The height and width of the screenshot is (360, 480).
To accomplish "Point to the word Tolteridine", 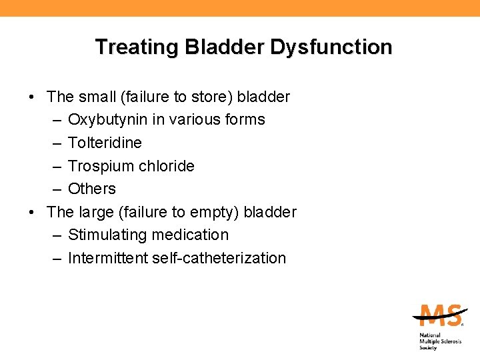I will coord(105,143).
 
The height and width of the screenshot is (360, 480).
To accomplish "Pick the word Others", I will coord(92,189).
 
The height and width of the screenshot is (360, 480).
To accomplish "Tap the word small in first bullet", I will coord(97,97).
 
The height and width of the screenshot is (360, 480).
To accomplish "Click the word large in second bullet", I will coord(97,212).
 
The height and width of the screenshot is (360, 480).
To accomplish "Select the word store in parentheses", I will coord(209,97).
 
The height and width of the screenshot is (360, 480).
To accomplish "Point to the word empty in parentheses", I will coord(215,212).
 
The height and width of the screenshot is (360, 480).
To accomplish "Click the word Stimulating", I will coord(107,235).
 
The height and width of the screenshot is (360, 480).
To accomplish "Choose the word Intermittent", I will coord(107,258).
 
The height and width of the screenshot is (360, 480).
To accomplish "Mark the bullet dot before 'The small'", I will coord(32,97).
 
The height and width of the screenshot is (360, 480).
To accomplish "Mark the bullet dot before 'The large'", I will coord(32,213).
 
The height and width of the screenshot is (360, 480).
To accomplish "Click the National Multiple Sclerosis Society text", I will coord(439,341).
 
